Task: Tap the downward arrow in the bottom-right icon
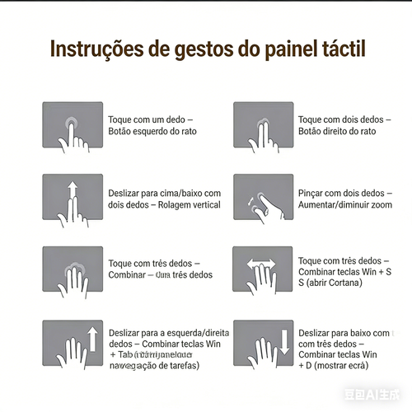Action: [x=283, y=339]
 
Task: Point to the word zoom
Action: [x=382, y=204]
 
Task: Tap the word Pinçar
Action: [x=314, y=193]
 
